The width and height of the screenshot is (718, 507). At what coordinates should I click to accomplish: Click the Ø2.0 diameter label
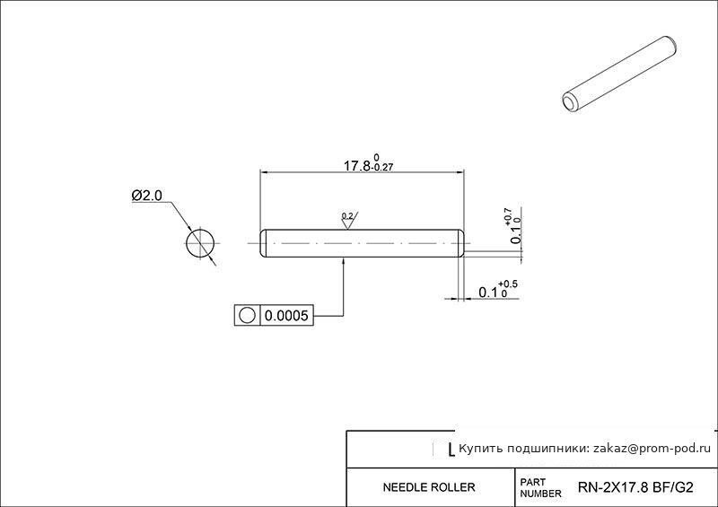(147, 196)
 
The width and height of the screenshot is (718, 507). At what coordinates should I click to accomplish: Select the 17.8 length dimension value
(356, 166)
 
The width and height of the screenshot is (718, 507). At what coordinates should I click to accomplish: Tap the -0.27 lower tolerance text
(383, 168)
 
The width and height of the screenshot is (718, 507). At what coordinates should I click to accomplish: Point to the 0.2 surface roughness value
(347, 215)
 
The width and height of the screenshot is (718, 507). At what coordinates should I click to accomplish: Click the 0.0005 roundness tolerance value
(286, 316)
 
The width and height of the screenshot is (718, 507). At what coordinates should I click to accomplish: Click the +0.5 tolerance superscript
(508, 284)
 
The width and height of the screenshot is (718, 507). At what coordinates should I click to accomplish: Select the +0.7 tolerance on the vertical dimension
(508, 216)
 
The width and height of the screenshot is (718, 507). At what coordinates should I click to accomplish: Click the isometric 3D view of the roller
(619, 74)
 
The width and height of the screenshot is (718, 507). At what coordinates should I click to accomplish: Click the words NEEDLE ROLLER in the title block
(429, 487)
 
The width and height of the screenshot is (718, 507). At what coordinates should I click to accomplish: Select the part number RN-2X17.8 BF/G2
(635, 487)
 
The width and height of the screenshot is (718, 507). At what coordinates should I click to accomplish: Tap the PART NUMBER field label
(540, 488)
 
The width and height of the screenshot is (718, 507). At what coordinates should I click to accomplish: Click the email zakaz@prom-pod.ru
(652, 449)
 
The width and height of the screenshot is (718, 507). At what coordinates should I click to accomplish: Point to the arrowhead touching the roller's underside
(344, 261)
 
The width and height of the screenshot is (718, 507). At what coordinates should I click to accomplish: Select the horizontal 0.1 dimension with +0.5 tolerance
(498, 291)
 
